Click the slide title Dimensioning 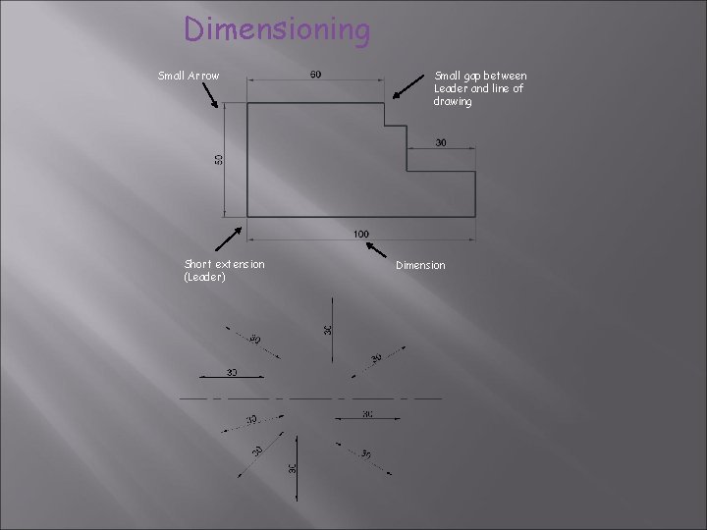pos(278,29)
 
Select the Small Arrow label pos(189,76)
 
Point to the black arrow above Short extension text pos(229,238)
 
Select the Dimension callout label pos(420,265)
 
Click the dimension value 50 pos(219,158)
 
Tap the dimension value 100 pos(361,234)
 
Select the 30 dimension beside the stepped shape pos(441,142)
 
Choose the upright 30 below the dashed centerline pos(293,470)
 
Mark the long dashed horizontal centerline pos(309,398)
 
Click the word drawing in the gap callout pos(453,101)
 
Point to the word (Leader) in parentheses pos(204,277)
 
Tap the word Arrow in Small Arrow pos(203,76)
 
